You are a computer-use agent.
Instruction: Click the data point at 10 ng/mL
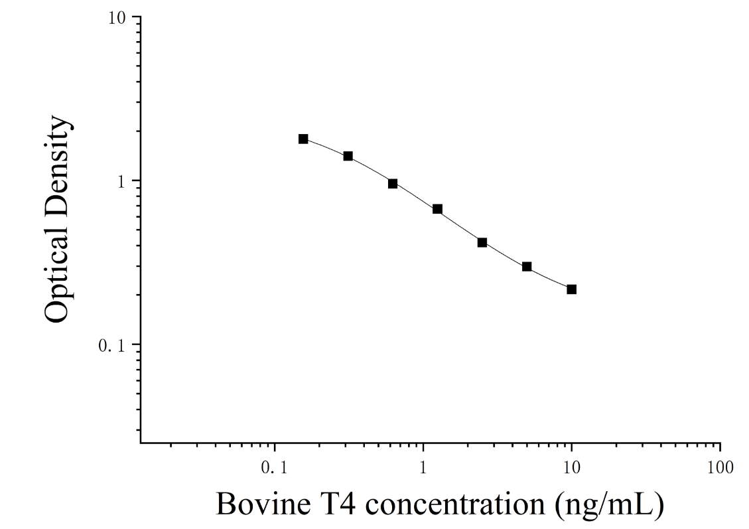point(571,289)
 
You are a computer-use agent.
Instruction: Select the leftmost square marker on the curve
point(303,139)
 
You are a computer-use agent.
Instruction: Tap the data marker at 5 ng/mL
point(527,267)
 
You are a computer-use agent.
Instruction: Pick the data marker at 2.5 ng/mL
point(482,243)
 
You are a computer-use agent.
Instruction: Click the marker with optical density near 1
point(393,183)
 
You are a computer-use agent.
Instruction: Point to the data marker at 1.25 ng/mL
point(438,209)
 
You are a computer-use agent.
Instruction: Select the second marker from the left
point(348,156)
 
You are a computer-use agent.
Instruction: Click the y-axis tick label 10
point(117,18)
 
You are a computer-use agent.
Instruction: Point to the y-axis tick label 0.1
point(111,345)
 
